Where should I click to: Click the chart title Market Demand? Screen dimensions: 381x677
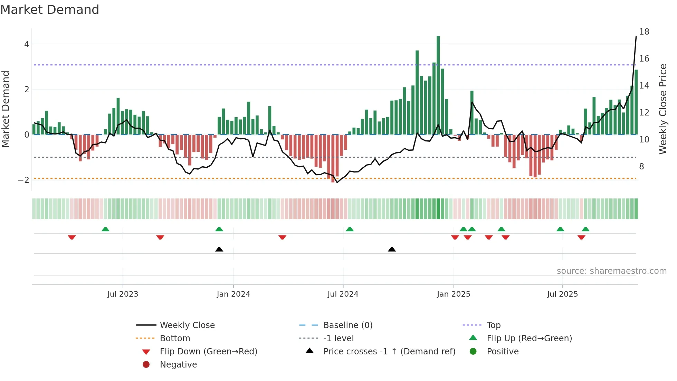[50, 10]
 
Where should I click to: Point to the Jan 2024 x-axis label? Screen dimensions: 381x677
[233, 294]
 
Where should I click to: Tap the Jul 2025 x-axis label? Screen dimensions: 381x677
[562, 294]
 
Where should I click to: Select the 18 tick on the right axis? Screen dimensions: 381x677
[644, 32]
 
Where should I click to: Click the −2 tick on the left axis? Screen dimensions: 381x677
[24, 180]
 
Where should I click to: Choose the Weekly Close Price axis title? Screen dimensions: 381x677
[662, 109]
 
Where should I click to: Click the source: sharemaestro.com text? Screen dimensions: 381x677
[611, 271]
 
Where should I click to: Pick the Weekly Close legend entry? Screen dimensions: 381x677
[187, 325]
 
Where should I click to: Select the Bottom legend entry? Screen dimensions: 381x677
[175, 338]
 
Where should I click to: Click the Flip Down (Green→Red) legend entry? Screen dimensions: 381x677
[208, 352]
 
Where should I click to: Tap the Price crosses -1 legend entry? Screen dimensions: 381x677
[389, 352]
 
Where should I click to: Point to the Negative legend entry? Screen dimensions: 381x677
[178, 365]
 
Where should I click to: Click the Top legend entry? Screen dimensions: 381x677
[494, 325]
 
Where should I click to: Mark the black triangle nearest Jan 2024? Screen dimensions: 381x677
[219, 249]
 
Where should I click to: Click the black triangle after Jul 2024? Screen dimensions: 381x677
[392, 249]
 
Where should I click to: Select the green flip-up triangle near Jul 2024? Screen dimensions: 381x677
[350, 229]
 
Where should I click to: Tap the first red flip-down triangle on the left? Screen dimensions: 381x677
[71, 237]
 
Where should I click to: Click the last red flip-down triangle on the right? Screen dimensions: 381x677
[581, 237]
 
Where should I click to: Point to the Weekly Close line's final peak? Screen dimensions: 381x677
[636, 37]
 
